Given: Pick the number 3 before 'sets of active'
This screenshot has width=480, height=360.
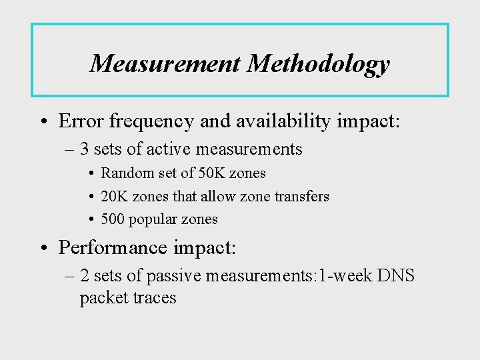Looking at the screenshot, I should click(85, 149).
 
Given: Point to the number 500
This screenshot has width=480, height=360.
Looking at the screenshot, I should click(114, 219).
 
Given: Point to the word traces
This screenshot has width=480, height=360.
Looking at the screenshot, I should click(154, 297).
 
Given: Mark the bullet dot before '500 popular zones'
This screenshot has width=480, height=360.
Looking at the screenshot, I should click(90, 219).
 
